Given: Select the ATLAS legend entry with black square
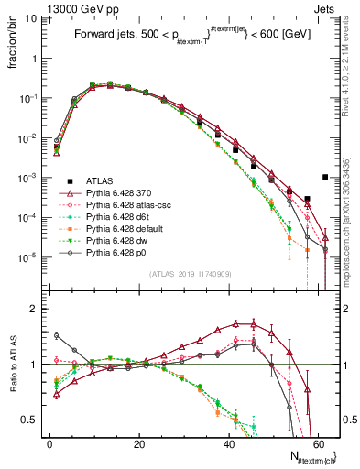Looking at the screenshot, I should pos(98,180).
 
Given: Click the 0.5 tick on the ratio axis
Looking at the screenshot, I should pos(34,420).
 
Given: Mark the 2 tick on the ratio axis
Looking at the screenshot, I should pos(38,309).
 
